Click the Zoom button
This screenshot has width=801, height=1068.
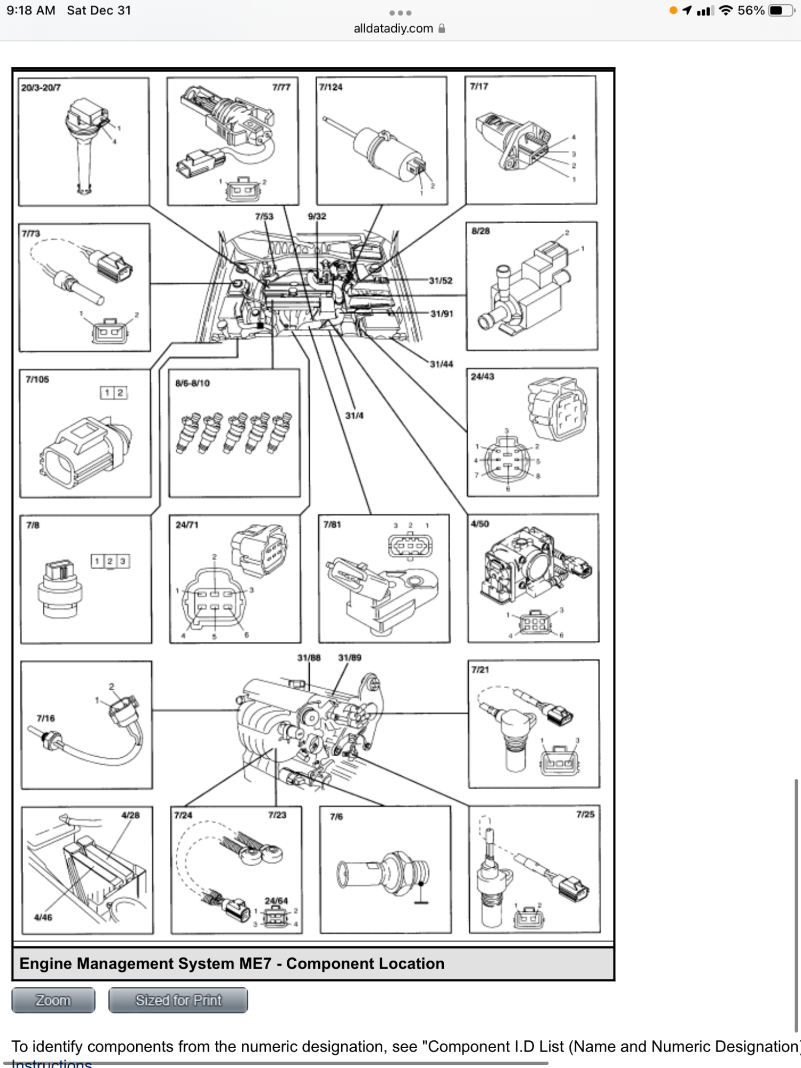pyautogui.click(x=53, y=1000)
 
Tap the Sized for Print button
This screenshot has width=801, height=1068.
pyautogui.click(x=178, y=1000)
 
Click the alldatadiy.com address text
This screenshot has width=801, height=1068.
pyautogui.click(x=394, y=28)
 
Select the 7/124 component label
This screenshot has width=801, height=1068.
pyautogui.click(x=331, y=87)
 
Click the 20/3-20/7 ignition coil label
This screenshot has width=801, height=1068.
pyautogui.click(x=41, y=88)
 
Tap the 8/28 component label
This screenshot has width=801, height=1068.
pyautogui.click(x=481, y=231)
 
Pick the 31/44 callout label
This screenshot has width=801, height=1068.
pyautogui.click(x=442, y=364)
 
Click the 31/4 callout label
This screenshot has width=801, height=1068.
pyautogui.click(x=354, y=415)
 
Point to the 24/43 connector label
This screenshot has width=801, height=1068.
pyautogui.click(x=482, y=376)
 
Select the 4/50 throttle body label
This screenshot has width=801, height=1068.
pyautogui.click(x=480, y=524)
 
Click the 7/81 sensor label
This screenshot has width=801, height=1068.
pyautogui.click(x=332, y=524)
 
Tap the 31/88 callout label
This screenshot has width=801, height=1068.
pyautogui.click(x=309, y=657)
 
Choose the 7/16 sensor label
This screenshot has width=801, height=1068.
pyautogui.click(x=46, y=718)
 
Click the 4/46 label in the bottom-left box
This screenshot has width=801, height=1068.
pyautogui.click(x=43, y=917)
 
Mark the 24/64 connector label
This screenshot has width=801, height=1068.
pyautogui.click(x=276, y=901)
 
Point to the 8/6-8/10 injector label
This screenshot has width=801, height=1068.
pyautogui.click(x=192, y=383)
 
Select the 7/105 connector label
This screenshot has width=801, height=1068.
pyautogui.click(x=37, y=379)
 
